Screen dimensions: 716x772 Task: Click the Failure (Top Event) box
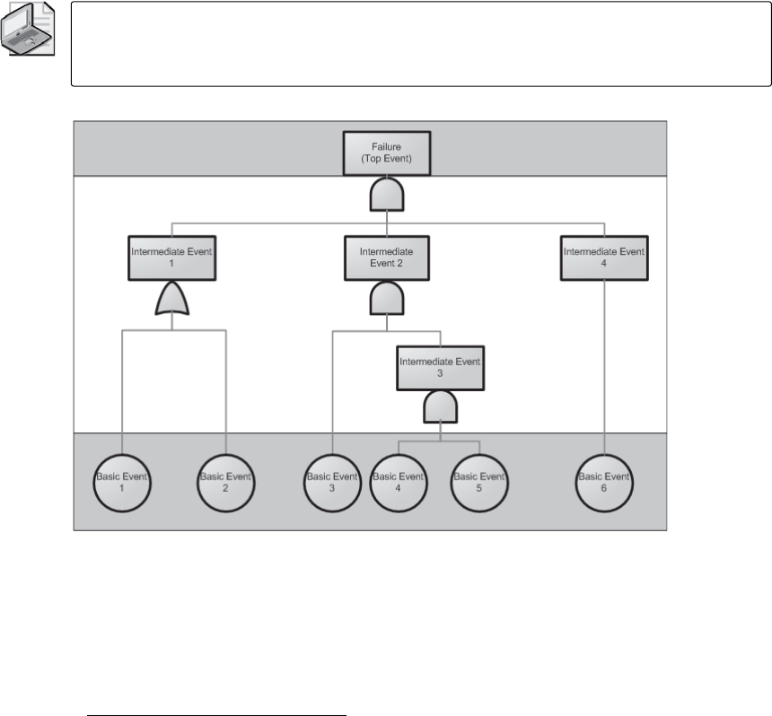pyautogui.click(x=387, y=153)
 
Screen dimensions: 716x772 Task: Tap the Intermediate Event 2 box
pyautogui.click(x=386, y=258)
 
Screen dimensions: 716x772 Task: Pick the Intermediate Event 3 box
pyautogui.click(x=440, y=367)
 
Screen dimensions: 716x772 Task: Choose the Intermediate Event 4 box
pyautogui.click(x=604, y=258)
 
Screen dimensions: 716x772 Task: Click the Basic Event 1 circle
pyautogui.click(x=121, y=482)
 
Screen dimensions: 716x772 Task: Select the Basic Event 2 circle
pyautogui.click(x=225, y=482)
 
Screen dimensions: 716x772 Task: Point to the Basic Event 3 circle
pyautogui.click(x=332, y=482)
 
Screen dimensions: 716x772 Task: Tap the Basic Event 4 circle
pyautogui.click(x=398, y=482)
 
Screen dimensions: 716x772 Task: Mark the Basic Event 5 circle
pyautogui.click(x=478, y=482)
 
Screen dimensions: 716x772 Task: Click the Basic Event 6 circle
pyautogui.click(x=604, y=482)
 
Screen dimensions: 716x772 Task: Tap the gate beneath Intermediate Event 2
pyautogui.click(x=387, y=300)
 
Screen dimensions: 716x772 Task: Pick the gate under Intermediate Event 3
pyautogui.click(x=440, y=408)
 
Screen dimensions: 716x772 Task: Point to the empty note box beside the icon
pyautogui.click(x=421, y=44)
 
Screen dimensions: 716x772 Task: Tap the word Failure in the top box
pyautogui.click(x=387, y=146)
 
